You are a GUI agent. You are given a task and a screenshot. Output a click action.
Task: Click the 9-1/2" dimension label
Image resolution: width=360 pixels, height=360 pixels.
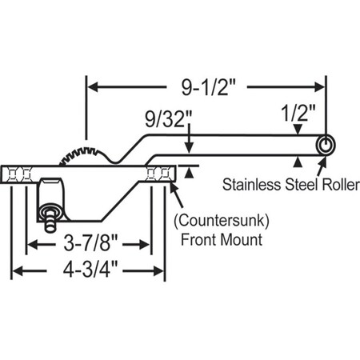coord(206,84)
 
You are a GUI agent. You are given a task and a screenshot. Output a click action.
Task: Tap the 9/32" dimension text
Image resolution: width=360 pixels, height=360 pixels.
coord(169,122)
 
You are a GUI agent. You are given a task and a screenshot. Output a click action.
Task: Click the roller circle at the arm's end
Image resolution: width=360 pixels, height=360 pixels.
coord(326,144)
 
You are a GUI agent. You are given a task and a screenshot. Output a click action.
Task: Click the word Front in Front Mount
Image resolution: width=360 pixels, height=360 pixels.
coord(195,238)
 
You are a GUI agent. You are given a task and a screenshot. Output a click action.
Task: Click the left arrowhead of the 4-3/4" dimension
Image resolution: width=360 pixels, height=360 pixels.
coord(16,272)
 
